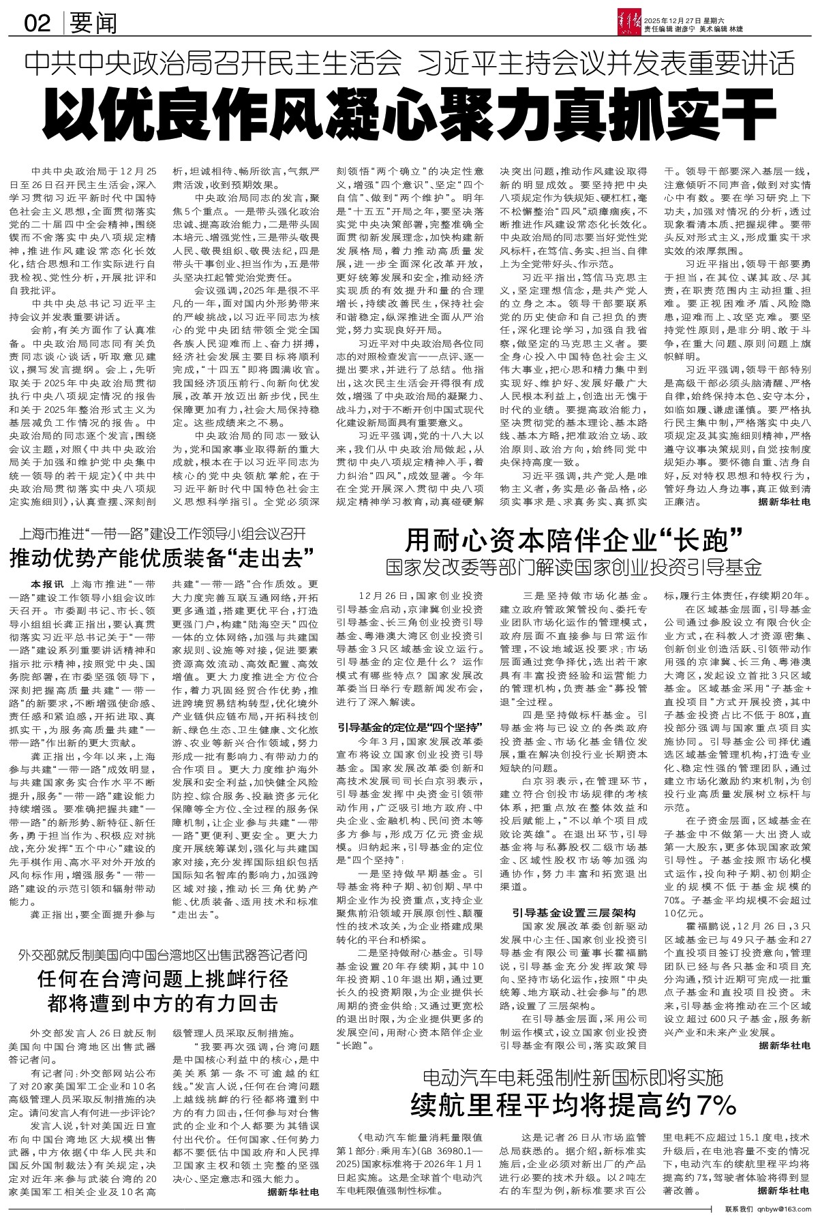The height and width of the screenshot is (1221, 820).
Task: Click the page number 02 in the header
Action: pos(37,25)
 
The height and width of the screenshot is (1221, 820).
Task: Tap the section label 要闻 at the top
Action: pos(93,25)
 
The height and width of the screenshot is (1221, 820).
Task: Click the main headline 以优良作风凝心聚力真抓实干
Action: pos(409,110)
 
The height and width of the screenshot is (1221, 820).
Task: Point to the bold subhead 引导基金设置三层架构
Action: pos(574,912)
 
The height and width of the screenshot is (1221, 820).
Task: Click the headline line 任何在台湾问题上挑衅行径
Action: pos(163,978)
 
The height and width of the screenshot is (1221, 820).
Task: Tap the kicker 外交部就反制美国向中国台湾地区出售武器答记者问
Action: pos(163,953)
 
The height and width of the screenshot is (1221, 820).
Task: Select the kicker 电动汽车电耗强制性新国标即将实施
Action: pos(573,1078)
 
